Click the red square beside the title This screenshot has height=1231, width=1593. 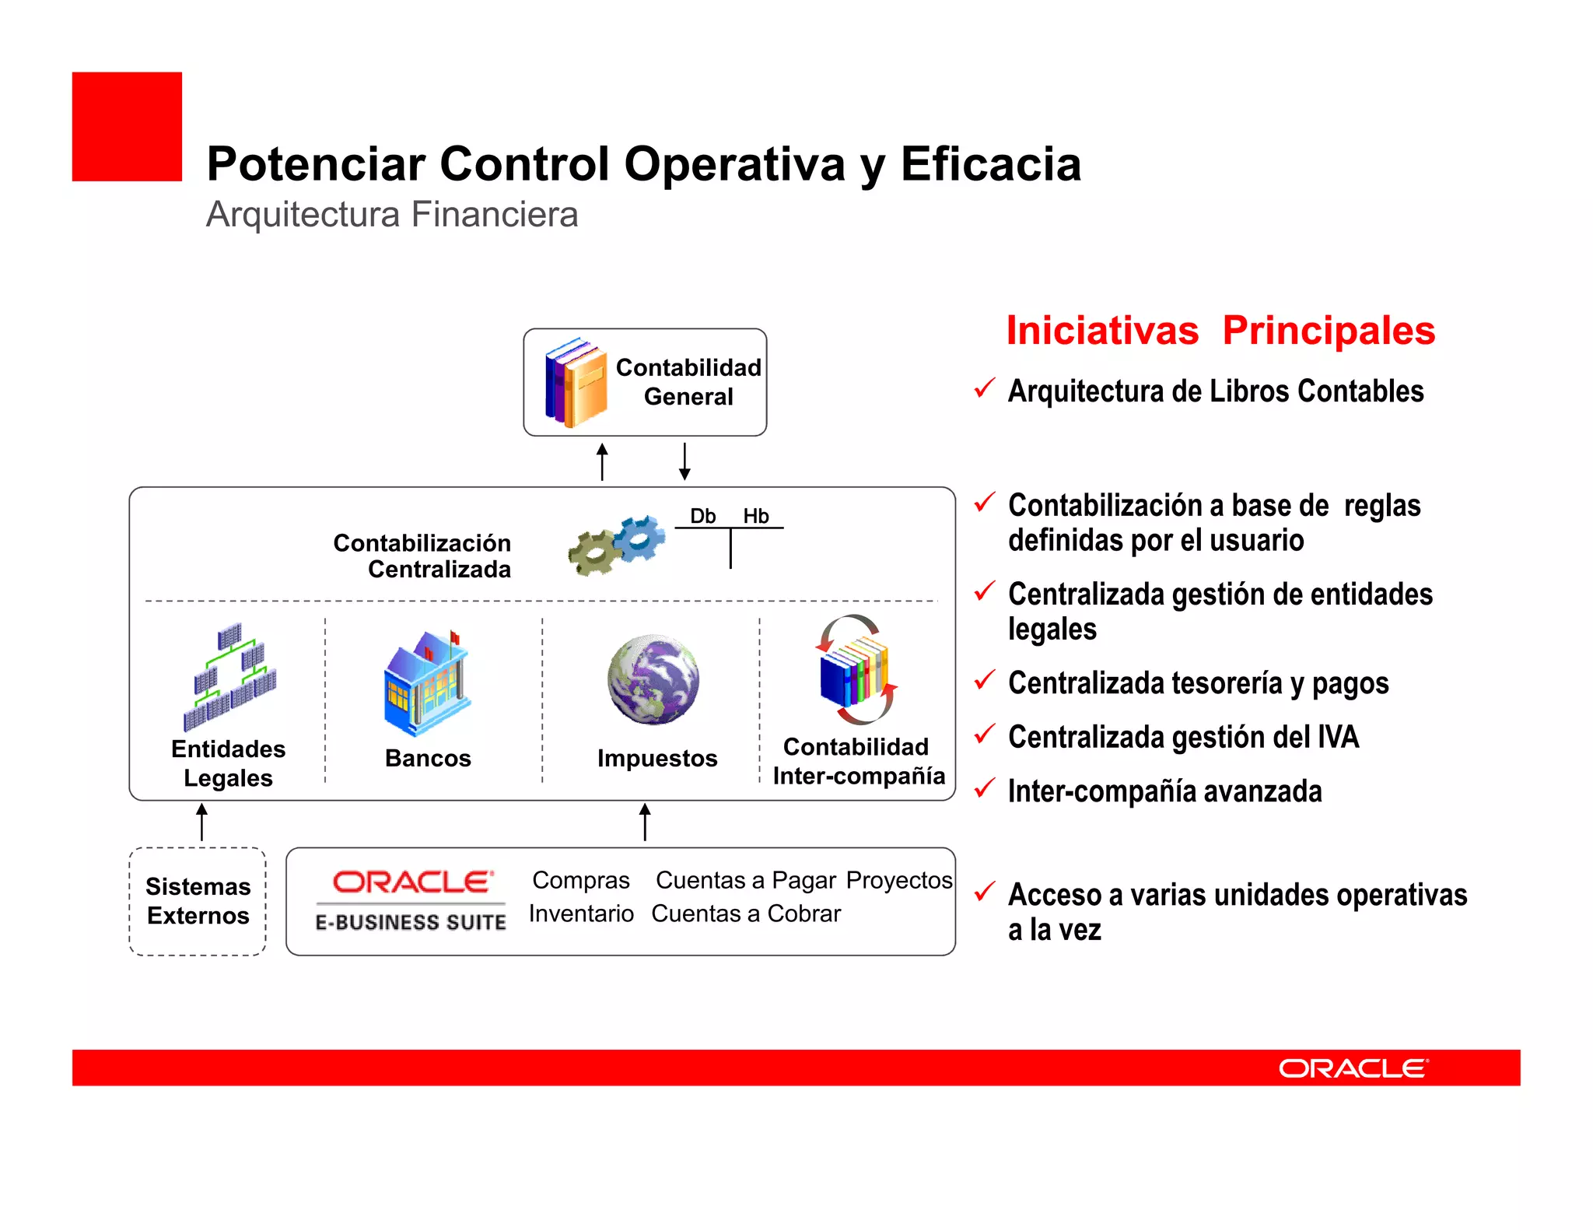click(x=127, y=127)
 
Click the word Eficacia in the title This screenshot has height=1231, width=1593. click(x=990, y=164)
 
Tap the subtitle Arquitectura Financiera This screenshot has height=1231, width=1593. click(x=392, y=215)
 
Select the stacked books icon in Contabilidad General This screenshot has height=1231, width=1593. click(x=576, y=382)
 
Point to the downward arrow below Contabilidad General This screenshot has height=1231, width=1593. click(x=684, y=461)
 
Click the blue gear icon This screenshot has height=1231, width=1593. click(x=641, y=536)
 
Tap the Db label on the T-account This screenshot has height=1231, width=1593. click(x=702, y=516)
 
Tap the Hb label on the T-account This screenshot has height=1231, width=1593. click(x=755, y=516)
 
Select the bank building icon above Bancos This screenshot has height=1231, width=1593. click(x=427, y=683)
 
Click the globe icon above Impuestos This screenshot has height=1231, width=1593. click(x=653, y=679)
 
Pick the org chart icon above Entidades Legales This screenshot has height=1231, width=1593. click(x=230, y=675)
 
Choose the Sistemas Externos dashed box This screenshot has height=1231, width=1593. click(x=198, y=901)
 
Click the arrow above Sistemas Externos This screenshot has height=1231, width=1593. click(x=202, y=822)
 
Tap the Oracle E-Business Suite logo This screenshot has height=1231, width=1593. click(x=411, y=900)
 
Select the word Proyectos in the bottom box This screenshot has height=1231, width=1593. click(x=898, y=880)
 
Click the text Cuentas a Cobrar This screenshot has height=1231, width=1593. click(x=745, y=914)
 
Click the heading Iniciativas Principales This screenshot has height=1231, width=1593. click(x=1220, y=331)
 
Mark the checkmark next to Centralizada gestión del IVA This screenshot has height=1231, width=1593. click(x=984, y=734)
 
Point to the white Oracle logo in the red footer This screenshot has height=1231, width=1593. click(x=1353, y=1068)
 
